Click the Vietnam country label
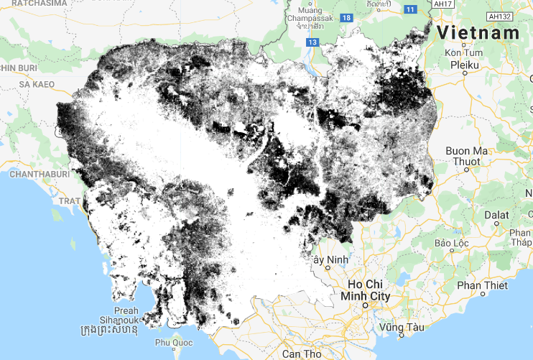pyautogui.click(x=478, y=32)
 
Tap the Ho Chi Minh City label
pyautogui.click(x=369, y=290)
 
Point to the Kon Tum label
pyautogui.click(x=463, y=52)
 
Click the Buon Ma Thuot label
pyautogui.click(x=466, y=155)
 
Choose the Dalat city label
pyautogui.click(x=496, y=214)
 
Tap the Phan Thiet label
pyautogui.click(x=482, y=285)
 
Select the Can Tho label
pyautogui.click(x=302, y=354)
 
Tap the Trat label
pyautogui.click(x=69, y=201)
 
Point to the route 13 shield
pyautogui.click(x=312, y=43)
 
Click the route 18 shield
pyautogui.click(x=347, y=17)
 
